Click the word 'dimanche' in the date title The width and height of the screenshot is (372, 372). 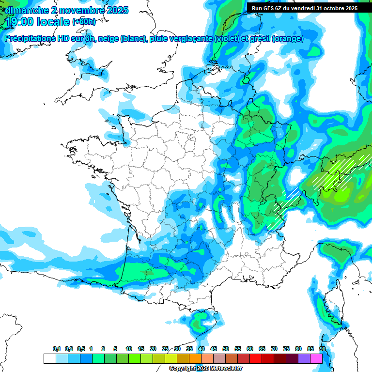[26, 10]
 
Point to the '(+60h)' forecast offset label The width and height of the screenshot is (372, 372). [84, 22]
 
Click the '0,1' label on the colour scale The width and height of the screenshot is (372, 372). [56, 349]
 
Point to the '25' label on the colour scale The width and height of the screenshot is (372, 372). [165, 349]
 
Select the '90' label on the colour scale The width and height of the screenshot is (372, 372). [323, 349]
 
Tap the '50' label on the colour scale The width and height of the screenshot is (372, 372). [226, 349]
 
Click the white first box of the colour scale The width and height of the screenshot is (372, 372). [49, 358]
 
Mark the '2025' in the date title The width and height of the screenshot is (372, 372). [115, 10]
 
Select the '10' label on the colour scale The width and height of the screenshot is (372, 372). [129, 349]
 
